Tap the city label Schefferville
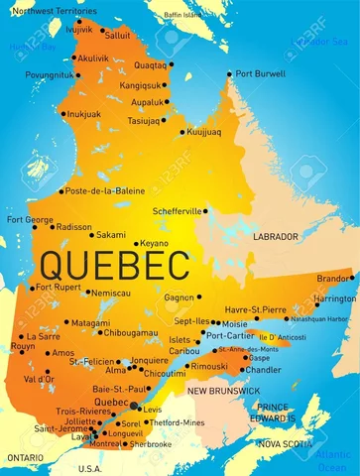(178, 210)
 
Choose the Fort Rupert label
(59, 288)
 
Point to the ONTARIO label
(26, 456)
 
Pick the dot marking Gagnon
(199, 297)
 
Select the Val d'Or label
(38, 379)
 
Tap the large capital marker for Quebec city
(136, 405)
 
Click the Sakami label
(110, 235)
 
